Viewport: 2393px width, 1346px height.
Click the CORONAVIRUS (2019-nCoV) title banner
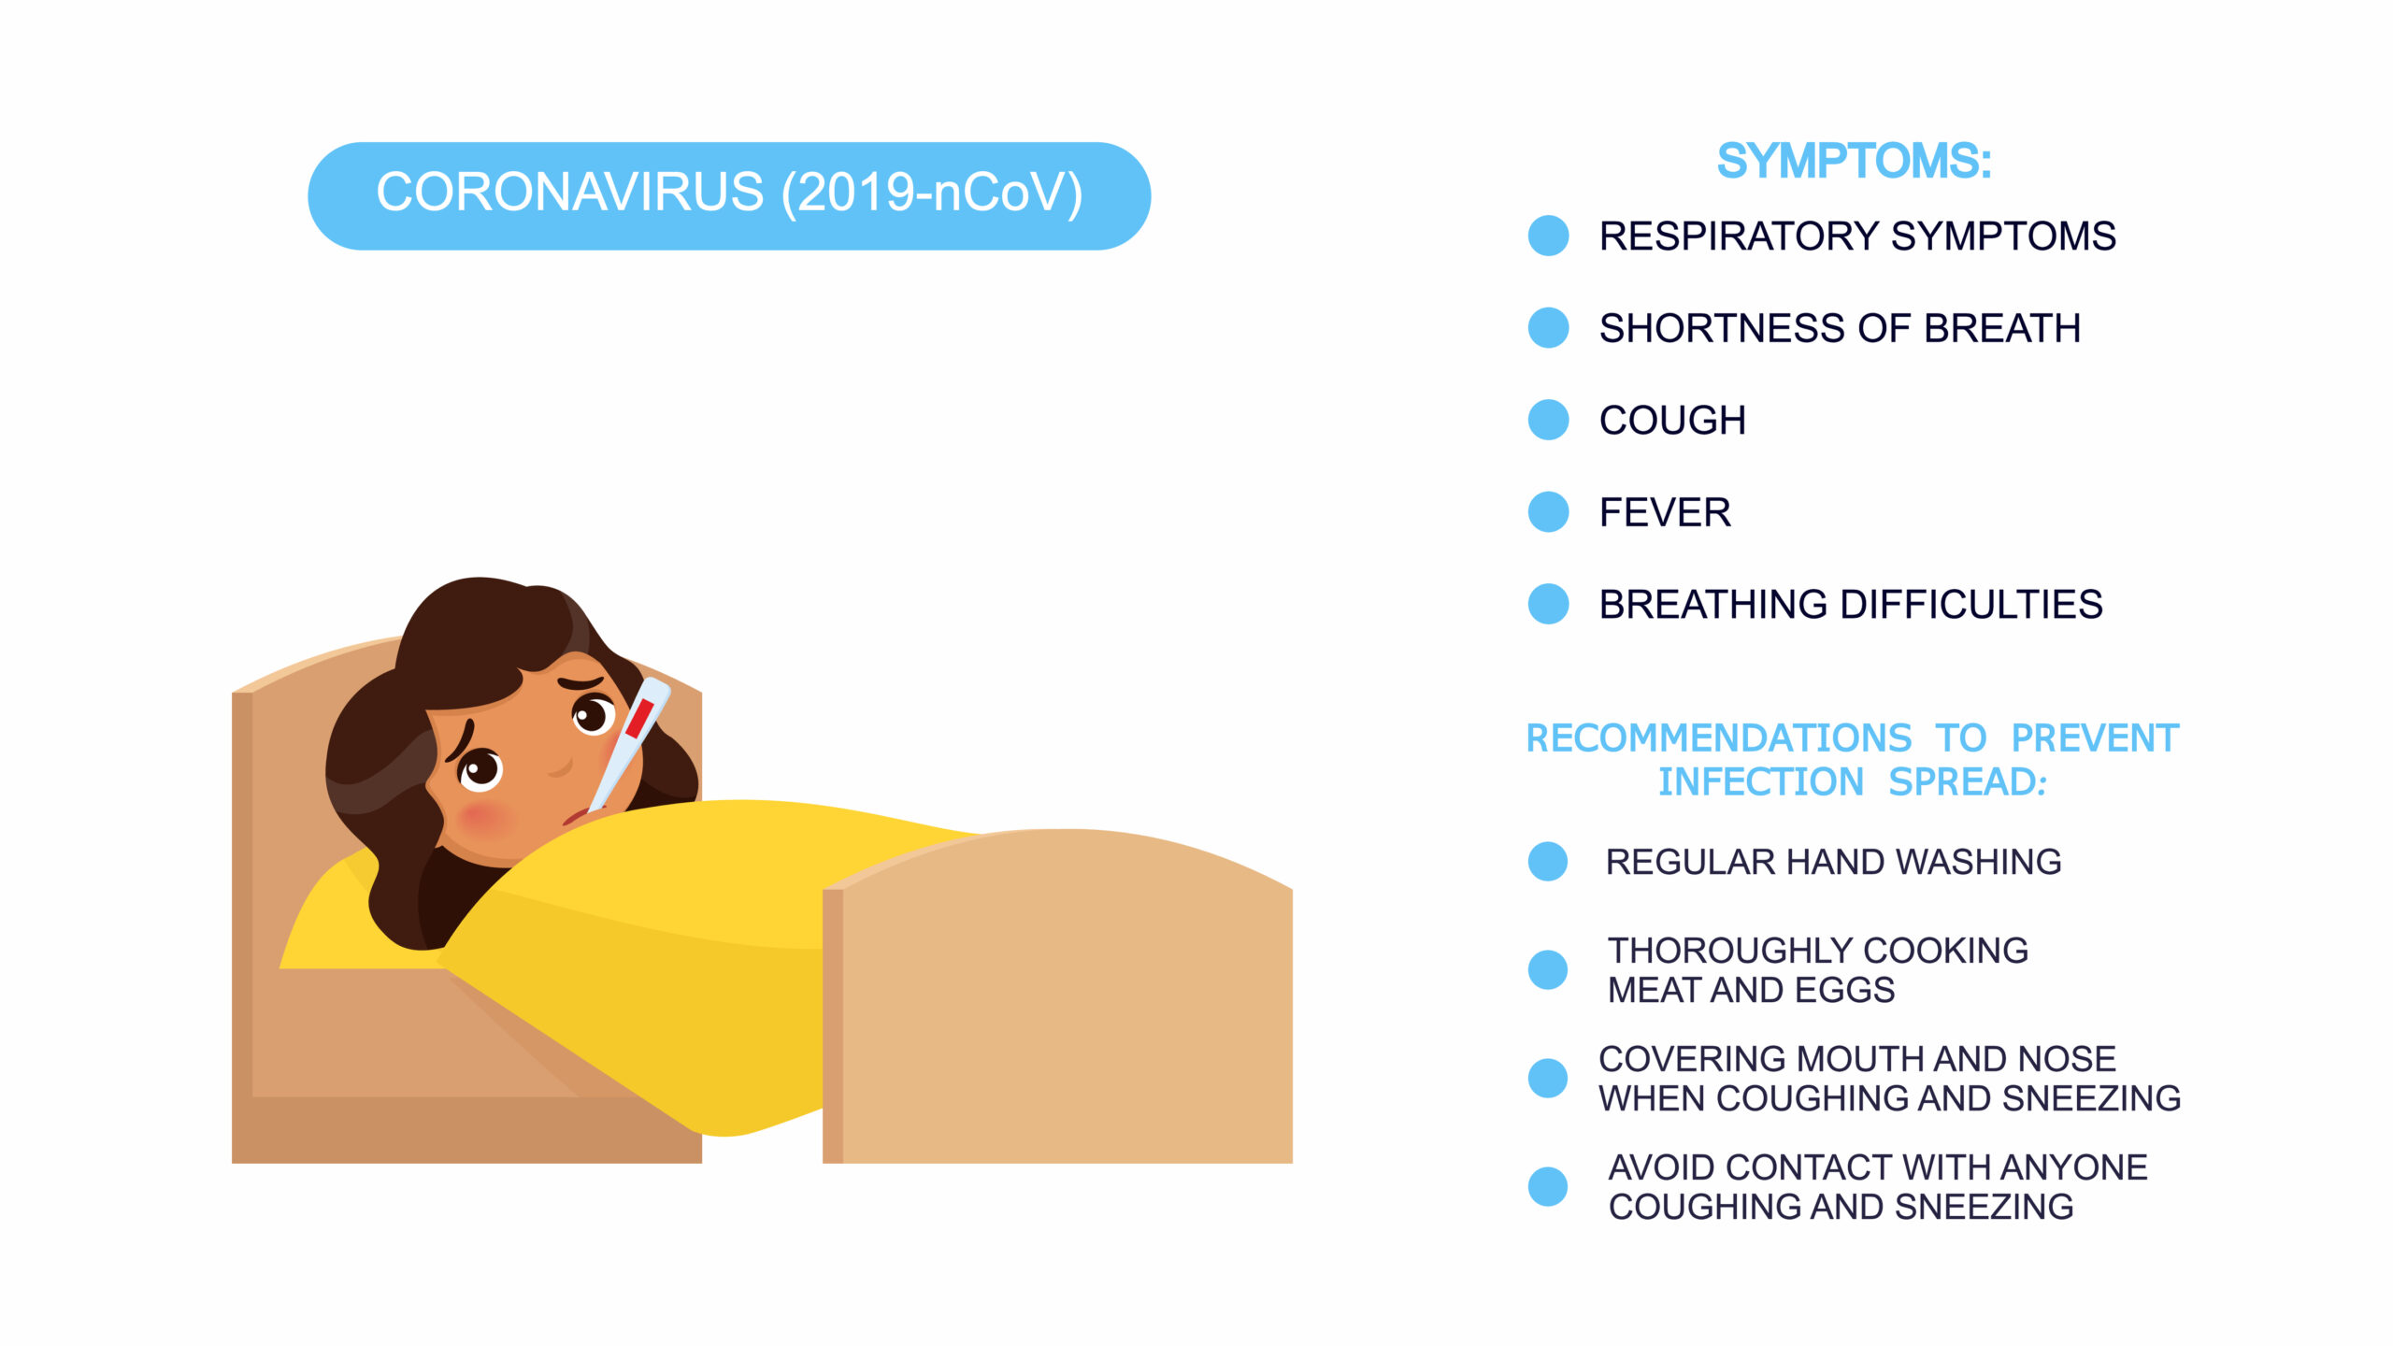[x=729, y=195]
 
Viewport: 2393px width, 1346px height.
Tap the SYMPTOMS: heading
[x=1855, y=161]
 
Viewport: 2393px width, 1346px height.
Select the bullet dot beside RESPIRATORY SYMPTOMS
[x=1548, y=236]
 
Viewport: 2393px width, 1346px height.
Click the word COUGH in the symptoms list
[x=1672, y=421]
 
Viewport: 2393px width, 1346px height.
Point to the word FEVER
[x=1665, y=512]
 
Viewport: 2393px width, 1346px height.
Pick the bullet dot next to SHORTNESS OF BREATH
[x=1548, y=328]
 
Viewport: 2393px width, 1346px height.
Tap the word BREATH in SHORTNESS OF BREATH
[x=2002, y=328]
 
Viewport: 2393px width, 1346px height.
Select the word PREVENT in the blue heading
[x=2095, y=738]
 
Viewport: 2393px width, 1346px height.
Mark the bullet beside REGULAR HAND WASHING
[x=1548, y=862]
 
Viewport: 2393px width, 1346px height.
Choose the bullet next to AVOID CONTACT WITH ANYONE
[x=1548, y=1187]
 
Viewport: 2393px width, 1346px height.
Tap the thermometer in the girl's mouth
[x=629, y=744]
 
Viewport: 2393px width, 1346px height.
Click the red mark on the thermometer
[x=639, y=718]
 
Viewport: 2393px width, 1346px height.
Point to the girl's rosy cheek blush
[x=485, y=820]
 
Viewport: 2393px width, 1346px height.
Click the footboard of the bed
[x=1057, y=996]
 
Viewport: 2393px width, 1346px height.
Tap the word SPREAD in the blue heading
[x=1968, y=782]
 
